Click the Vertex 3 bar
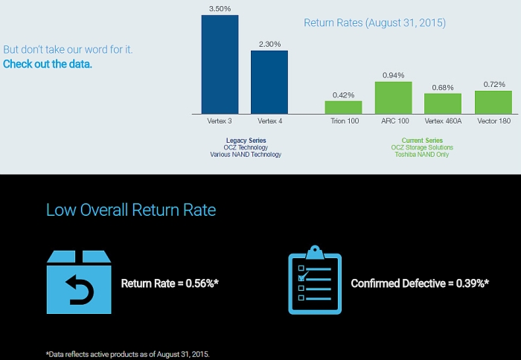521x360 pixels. [x=220, y=63]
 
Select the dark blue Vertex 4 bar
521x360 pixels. [x=269, y=82]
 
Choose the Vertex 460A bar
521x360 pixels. [x=443, y=103]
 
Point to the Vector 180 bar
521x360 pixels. [x=493, y=101]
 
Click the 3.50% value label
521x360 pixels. [x=220, y=8]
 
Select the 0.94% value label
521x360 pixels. [x=393, y=75]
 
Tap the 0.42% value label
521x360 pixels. [x=343, y=94]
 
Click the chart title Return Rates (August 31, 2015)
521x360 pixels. [x=374, y=23]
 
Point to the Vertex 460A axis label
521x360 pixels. [x=443, y=120]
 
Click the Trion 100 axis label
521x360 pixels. [x=343, y=120]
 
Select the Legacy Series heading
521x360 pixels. [x=246, y=141]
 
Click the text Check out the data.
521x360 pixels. [x=48, y=64]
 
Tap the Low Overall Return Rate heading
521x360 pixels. [x=131, y=210]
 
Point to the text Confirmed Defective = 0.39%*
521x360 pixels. [x=420, y=283]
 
